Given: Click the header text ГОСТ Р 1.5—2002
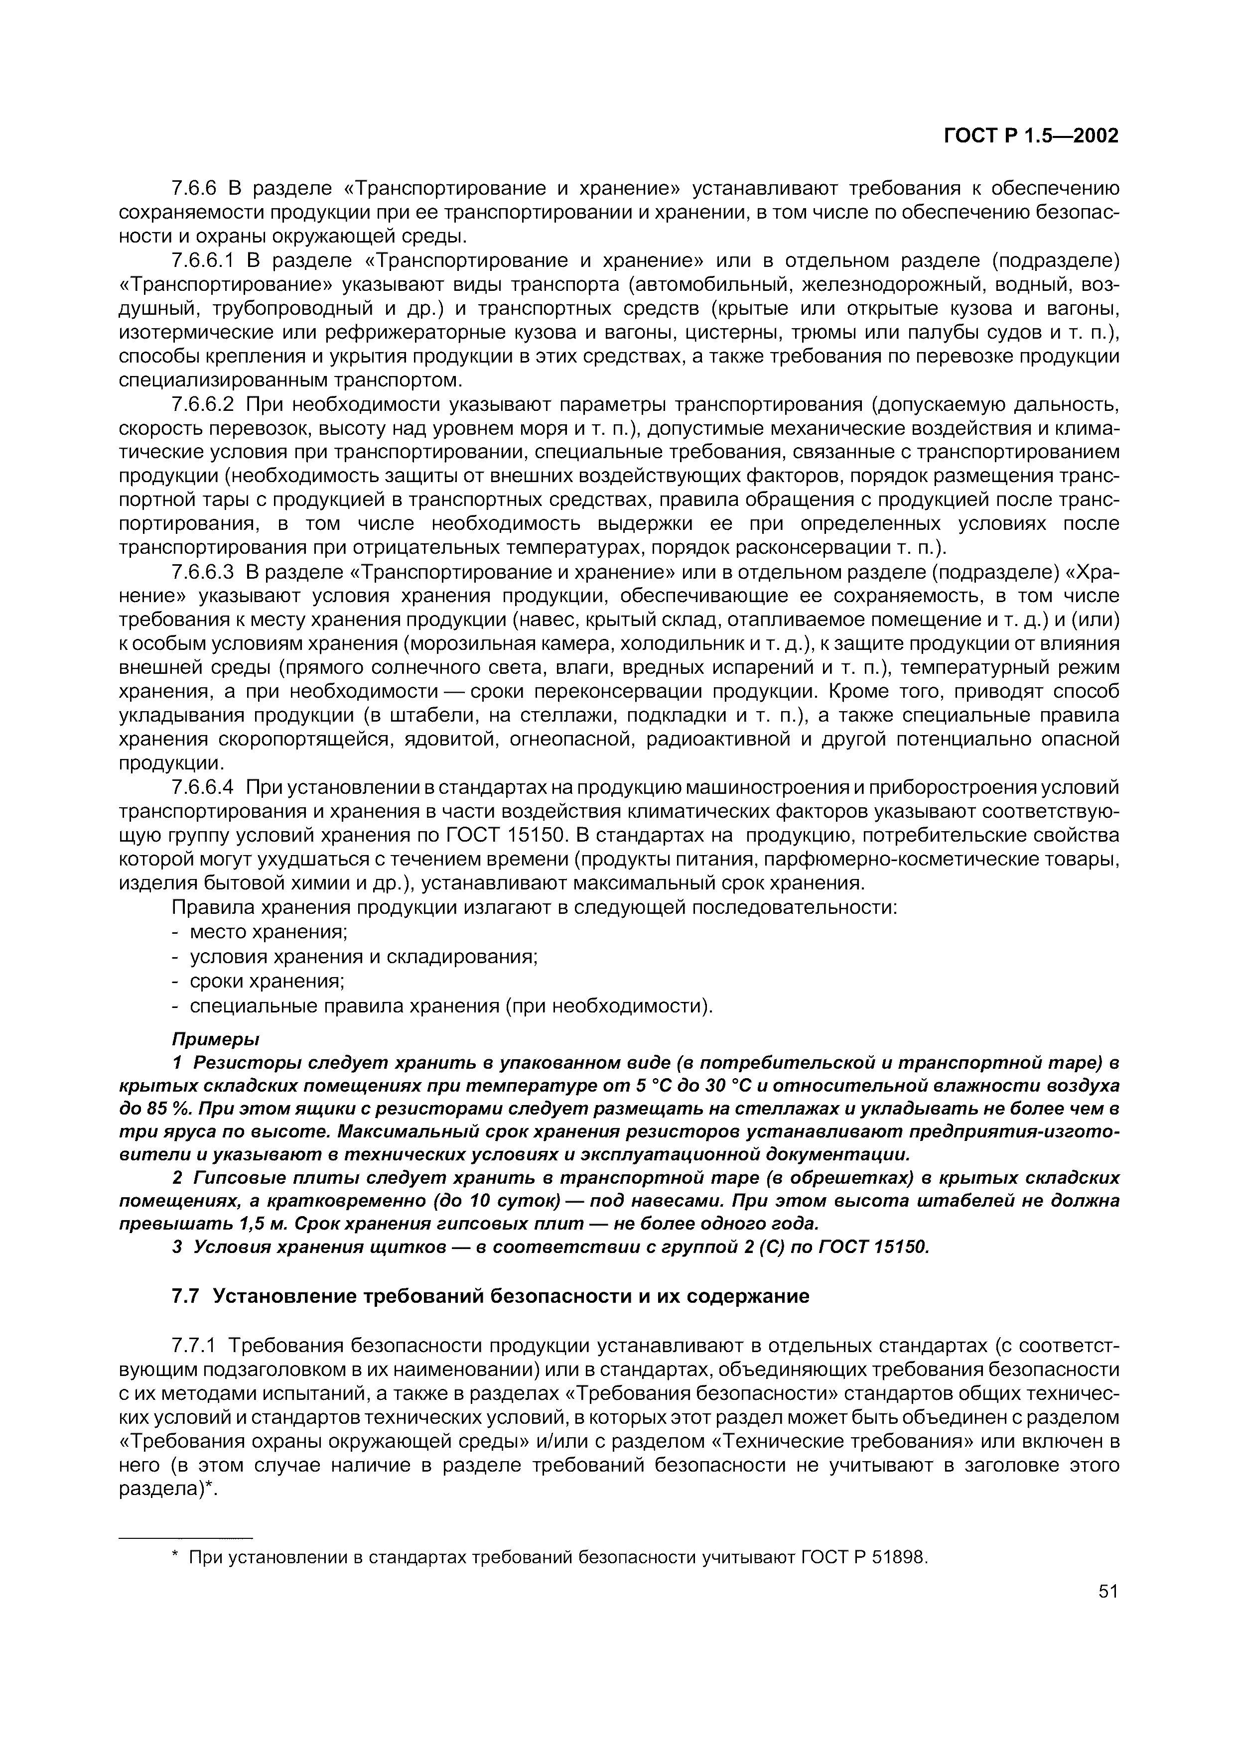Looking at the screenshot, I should tap(1031, 136).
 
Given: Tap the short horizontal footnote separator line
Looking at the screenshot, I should tap(186, 1537).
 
